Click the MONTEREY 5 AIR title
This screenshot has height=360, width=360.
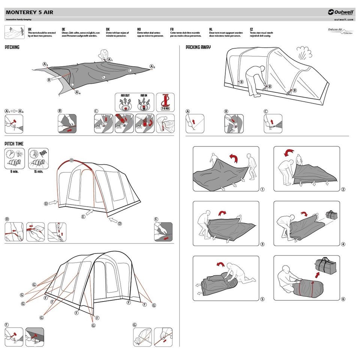[x=29, y=12]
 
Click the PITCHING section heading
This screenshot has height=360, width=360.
[x=12, y=48]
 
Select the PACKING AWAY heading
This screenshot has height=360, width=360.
[x=198, y=47]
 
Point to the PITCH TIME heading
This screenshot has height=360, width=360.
[x=14, y=144]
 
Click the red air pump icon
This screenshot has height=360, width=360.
[x=165, y=101]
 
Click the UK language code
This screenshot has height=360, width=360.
[x=30, y=29]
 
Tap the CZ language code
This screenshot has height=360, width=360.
[x=251, y=29]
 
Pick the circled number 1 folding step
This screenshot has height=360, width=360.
[x=262, y=189]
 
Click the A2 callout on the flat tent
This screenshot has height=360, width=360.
[x=152, y=67]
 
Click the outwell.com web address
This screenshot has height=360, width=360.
[x=344, y=19]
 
